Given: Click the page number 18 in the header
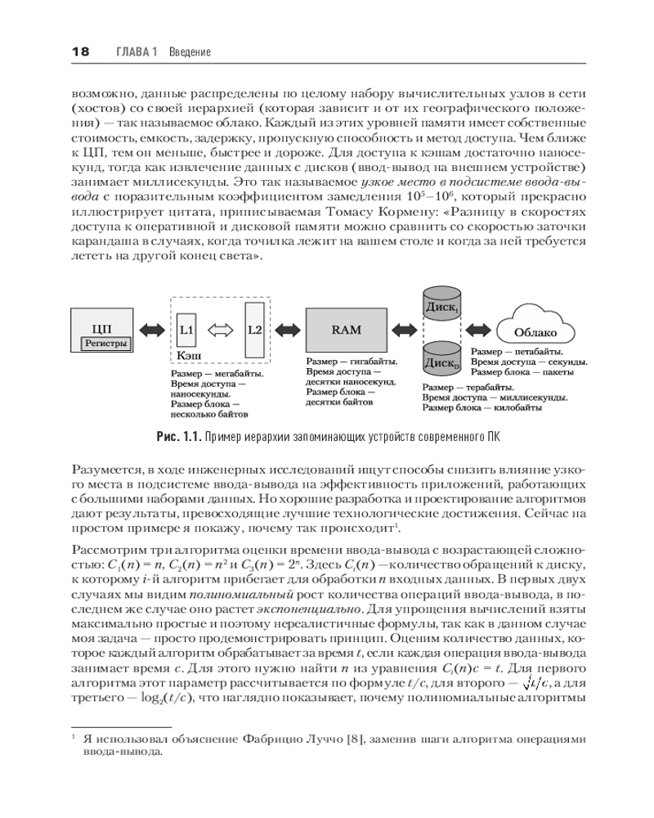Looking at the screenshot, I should (80, 52).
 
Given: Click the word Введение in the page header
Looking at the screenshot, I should (190, 52).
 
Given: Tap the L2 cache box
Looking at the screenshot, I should (255, 329).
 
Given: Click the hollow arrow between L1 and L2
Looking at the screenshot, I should (220, 330).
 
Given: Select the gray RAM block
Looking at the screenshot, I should (346, 330).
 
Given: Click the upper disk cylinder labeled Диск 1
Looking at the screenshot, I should (442, 306).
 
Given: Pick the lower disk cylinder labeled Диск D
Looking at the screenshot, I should (442, 361).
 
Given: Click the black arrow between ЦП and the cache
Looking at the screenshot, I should (152, 330).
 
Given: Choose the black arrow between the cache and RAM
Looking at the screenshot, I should (288, 330).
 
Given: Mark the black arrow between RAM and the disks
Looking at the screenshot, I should (405, 330).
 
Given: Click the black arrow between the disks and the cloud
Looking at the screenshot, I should (482, 330).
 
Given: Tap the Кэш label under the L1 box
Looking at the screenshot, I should (190, 357).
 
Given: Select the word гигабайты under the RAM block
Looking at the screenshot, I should (374, 361).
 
